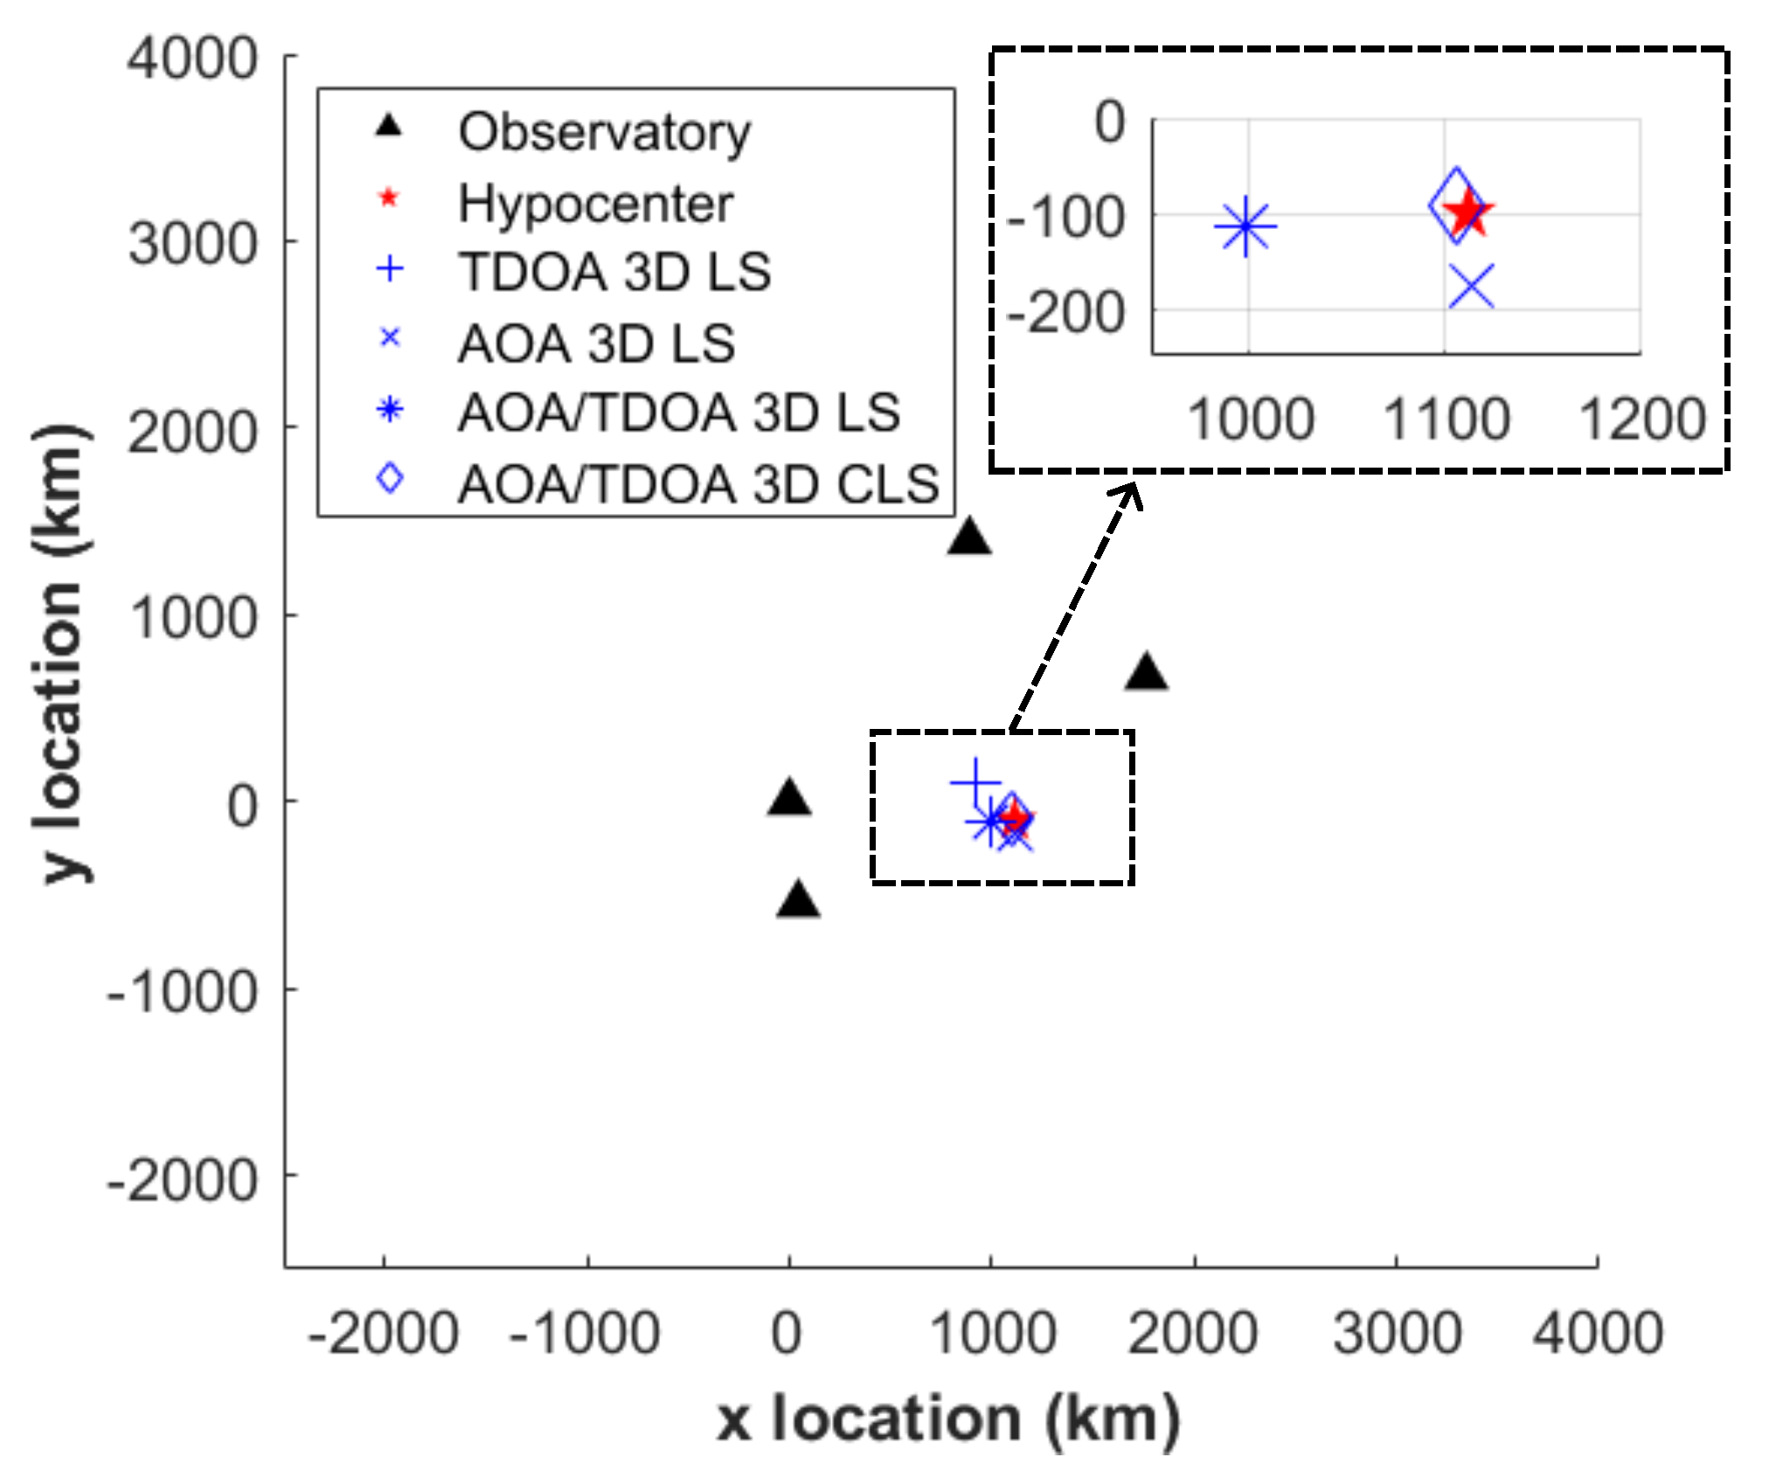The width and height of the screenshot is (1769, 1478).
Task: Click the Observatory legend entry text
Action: click(x=604, y=133)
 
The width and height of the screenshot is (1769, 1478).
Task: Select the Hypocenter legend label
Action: click(x=595, y=205)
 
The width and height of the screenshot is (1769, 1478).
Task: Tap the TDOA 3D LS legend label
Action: click(x=614, y=272)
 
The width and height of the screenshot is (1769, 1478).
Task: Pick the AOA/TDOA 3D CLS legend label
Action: click(x=698, y=485)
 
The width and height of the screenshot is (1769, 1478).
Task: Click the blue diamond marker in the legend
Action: click(x=390, y=478)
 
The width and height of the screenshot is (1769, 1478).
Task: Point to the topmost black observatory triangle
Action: click(x=969, y=538)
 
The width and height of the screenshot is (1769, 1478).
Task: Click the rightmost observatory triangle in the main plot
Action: click(x=1147, y=674)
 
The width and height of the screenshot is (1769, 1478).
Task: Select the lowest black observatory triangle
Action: click(x=798, y=900)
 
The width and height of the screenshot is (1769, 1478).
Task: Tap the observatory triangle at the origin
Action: click(x=789, y=798)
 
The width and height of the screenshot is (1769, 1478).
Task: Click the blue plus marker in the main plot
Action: click(x=975, y=782)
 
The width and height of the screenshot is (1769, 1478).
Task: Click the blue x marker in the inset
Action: click(x=1472, y=287)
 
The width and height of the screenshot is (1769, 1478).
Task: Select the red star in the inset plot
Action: click(x=1469, y=212)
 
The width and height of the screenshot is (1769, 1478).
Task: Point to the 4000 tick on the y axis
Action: click(x=192, y=59)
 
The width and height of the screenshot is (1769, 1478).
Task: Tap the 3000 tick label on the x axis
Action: click(x=1397, y=1334)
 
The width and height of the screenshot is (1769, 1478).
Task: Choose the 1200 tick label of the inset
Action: click(x=1642, y=419)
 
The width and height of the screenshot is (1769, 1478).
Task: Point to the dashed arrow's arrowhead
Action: click(x=1131, y=493)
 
